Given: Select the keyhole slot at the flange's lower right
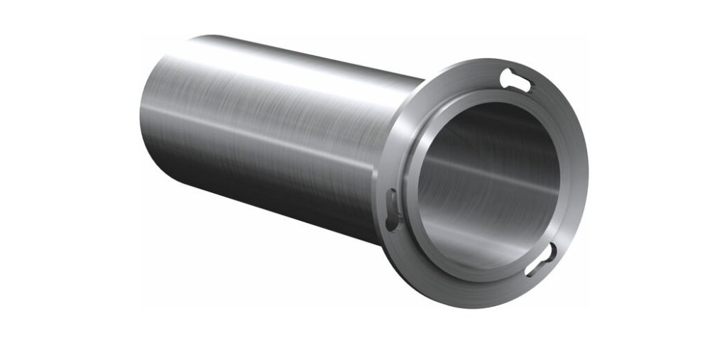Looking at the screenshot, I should (x=539, y=260).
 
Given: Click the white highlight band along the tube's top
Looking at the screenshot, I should (x=284, y=64).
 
